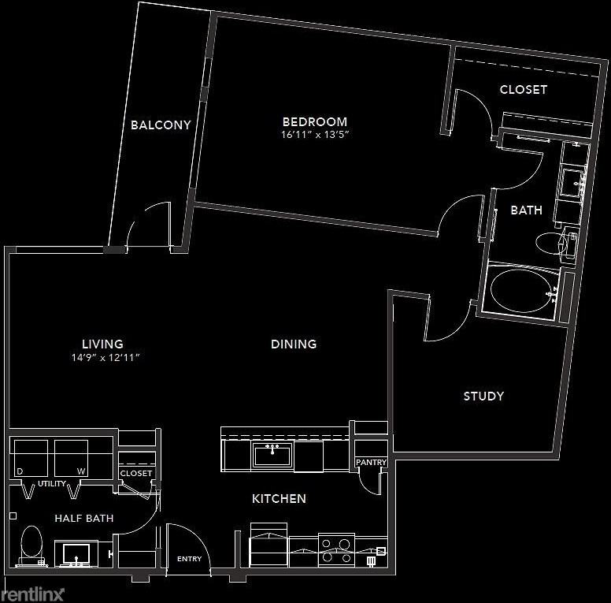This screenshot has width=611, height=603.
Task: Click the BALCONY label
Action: click(161, 125)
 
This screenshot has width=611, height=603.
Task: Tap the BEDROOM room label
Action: click(315, 121)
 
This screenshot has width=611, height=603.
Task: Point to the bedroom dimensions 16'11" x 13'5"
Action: click(315, 135)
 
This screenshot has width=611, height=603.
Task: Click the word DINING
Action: click(294, 344)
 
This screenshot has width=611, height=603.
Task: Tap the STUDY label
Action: click(483, 396)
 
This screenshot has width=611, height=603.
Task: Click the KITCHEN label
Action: click(279, 498)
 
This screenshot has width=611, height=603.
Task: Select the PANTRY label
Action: click(369, 462)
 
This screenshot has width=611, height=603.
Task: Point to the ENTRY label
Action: click(189, 559)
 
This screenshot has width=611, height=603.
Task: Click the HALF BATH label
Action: click(83, 518)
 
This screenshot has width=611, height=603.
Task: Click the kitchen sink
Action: click(272, 456)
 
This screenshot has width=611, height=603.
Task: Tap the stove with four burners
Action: click(336, 549)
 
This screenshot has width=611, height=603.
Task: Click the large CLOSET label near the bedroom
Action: click(524, 89)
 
